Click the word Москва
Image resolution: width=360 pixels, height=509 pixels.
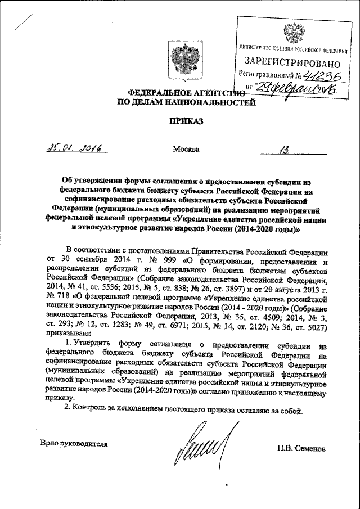185,149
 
